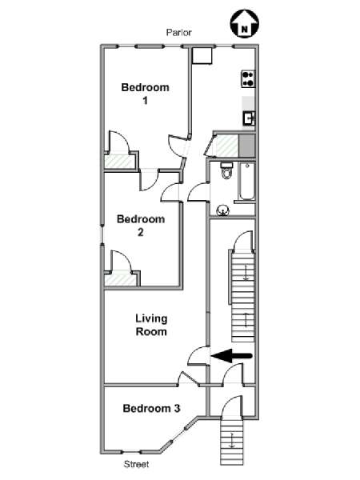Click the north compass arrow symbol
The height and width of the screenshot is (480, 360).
[x=245, y=24]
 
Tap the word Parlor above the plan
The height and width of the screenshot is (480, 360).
[x=178, y=33]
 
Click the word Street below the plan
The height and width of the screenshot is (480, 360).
[x=136, y=464]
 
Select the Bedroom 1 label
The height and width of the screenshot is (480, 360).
[x=145, y=94]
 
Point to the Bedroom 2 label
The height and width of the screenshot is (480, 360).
[x=141, y=226]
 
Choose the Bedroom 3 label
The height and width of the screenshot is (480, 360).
[x=151, y=408]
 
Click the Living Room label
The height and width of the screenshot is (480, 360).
[x=151, y=325]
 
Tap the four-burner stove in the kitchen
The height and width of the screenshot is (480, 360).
[x=248, y=79]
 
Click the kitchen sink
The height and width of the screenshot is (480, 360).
[x=249, y=118]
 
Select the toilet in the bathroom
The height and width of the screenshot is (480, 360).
[x=226, y=171]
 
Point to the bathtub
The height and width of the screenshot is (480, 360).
[x=247, y=182]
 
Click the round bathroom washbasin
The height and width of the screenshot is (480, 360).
[x=222, y=210]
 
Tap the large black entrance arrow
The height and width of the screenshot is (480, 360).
[x=232, y=356]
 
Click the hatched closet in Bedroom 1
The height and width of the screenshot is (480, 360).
[x=120, y=162]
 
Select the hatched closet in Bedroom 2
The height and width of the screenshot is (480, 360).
[x=120, y=278]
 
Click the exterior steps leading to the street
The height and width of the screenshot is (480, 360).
[x=232, y=442]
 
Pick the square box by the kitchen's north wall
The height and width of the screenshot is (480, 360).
[x=202, y=55]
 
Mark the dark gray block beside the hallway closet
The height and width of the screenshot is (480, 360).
[x=246, y=146]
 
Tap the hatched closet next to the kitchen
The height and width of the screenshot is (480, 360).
[x=227, y=145]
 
